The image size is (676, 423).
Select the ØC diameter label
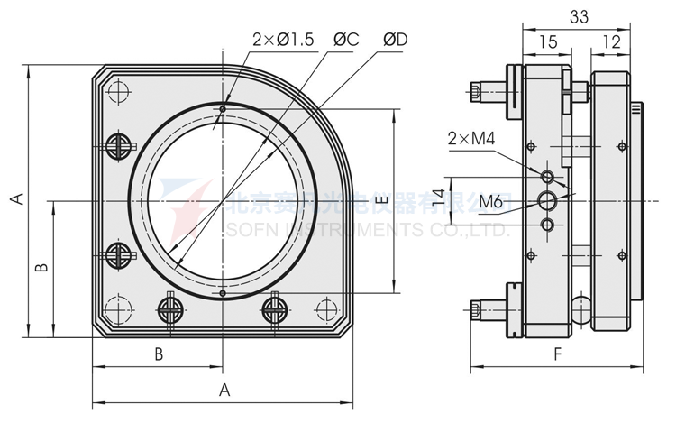(347, 40)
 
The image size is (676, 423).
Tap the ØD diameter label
(396, 40)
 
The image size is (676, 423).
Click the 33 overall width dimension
(580, 15)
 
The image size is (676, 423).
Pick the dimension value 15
(547, 41)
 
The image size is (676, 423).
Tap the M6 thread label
(491, 200)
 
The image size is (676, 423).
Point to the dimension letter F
(557, 354)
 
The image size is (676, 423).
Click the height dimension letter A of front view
(15, 199)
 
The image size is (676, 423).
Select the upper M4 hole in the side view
(548, 173)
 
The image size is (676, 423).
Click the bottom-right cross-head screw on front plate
(275, 308)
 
